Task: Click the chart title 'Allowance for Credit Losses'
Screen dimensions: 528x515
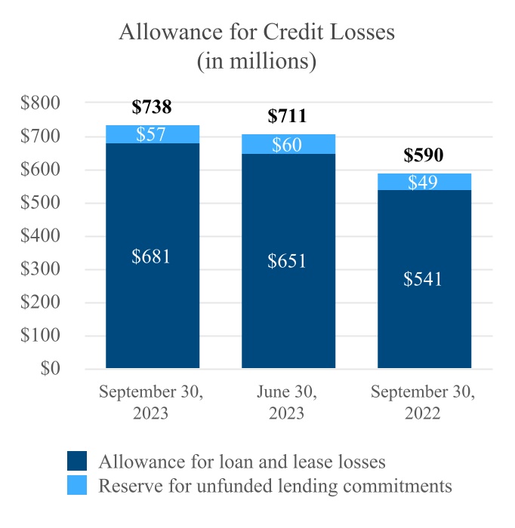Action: (257, 33)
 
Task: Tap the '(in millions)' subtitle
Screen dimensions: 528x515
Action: (257, 61)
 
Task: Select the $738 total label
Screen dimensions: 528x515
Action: (152, 107)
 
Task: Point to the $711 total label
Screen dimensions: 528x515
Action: (288, 116)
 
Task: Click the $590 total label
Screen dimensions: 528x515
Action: (424, 155)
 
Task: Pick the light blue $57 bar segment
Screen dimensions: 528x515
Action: (153, 134)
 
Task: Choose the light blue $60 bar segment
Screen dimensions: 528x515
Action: (288, 145)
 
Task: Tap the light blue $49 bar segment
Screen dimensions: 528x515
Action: (424, 182)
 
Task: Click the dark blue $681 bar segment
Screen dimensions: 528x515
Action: (153, 256)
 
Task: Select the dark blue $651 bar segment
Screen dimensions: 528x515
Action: (288, 261)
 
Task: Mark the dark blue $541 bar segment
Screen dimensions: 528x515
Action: (424, 279)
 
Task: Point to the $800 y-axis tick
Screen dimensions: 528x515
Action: (42, 103)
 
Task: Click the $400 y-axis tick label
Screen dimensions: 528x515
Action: (42, 236)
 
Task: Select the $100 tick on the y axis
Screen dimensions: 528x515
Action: (42, 336)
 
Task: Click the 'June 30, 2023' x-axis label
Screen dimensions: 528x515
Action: (288, 403)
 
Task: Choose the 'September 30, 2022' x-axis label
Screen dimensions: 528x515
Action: (424, 403)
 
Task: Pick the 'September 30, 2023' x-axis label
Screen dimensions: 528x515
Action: (152, 403)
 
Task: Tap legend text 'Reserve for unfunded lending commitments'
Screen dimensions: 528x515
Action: (275, 485)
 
